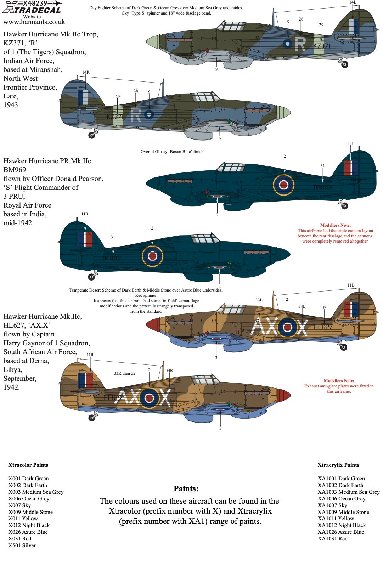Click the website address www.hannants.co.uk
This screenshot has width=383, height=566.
34,22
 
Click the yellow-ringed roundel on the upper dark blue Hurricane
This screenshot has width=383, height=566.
283,185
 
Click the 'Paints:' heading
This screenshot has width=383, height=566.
186,489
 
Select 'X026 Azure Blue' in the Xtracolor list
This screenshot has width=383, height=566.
28,532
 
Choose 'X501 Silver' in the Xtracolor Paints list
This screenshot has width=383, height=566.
22,545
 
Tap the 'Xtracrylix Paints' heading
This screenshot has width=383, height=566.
338,465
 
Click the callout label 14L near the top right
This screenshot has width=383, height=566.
353,2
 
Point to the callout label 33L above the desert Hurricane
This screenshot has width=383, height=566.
259,300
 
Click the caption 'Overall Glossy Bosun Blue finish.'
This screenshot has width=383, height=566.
173,152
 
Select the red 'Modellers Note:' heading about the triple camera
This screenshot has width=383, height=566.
335,225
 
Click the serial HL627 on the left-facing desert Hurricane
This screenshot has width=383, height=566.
111,398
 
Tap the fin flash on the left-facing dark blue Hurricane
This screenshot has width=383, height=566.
85,239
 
